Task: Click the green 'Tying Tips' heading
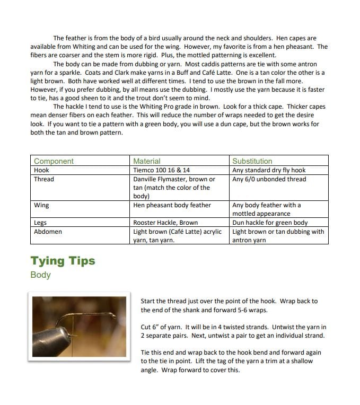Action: [63, 261]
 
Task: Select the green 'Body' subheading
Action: [40, 275]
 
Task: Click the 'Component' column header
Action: [54, 161]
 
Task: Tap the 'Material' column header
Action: [146, 161]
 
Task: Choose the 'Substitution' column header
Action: [252, 161]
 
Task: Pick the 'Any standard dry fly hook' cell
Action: [269, 170]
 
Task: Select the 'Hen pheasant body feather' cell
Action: [172, 205]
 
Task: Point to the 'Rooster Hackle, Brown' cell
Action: [165, 223]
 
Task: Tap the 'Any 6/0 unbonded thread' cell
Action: [269, 179]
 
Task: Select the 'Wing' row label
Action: [41, 205]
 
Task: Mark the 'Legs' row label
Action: [41, 223]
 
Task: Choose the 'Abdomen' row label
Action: [48, 232]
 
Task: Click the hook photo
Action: [79, 325]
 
